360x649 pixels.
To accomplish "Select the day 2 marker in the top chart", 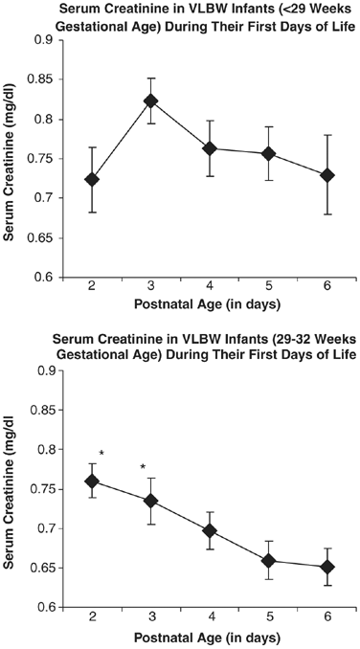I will pos(92,179).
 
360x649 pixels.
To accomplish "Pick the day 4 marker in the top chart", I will pos(209,148).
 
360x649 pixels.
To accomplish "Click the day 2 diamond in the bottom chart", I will pos(92,481).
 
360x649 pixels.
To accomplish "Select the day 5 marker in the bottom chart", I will pos(268,560).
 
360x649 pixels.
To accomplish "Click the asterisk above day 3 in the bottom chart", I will pos(143,468).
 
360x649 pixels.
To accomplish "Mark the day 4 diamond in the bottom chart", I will pos(209,530).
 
